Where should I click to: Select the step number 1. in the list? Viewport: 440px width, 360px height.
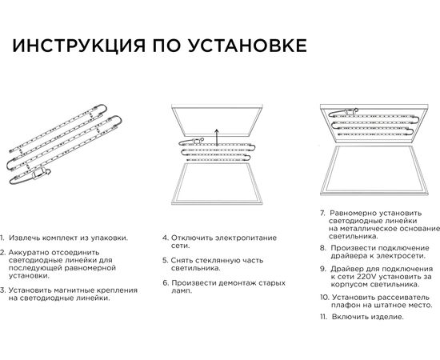coord(3,238)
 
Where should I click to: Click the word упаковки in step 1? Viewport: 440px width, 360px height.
coord(108,238)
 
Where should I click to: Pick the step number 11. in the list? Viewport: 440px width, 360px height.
coord(324,317)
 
